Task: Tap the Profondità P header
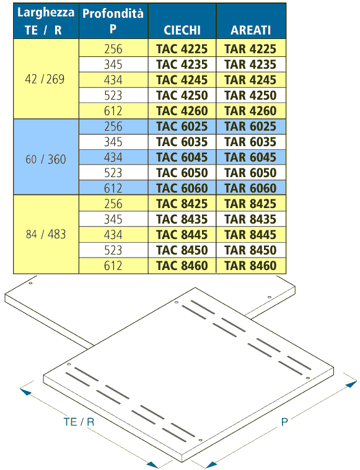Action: (x=113, y=21)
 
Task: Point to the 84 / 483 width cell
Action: (x=46, y=234)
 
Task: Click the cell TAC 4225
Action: (x=182, y=49)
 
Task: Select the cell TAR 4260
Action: (x=250, y=111)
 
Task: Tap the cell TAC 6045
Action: (x=182, y=157)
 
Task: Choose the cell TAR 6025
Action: (x=250, y=126)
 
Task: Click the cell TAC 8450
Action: (x=182, y=250)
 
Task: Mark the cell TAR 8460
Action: (x=250, y=266)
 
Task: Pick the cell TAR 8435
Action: (x=250, y=219)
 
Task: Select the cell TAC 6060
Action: (x=182, y=188)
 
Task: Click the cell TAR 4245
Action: (x=250, y=80)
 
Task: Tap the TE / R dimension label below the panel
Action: (x=79, y=422)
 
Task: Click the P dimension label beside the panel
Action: (x=284, y=422)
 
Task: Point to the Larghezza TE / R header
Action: (x=46, y=21)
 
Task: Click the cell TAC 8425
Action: (x=182, y=204)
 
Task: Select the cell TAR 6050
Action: (x=250, y=173)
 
